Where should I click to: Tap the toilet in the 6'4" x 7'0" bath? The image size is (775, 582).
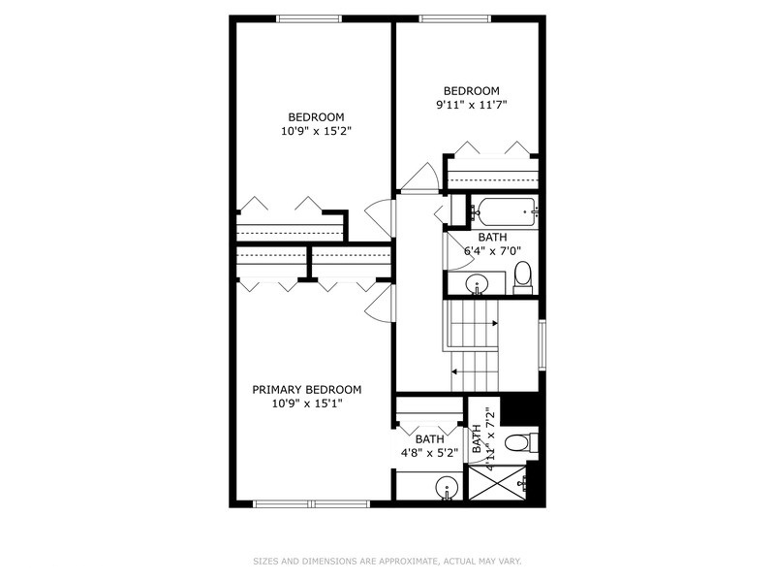[523, 275]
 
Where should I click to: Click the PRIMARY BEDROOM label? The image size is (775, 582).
[307, 389]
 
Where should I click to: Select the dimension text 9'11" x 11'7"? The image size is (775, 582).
[472, 104]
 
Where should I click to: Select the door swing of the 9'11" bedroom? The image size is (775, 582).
[418, 177]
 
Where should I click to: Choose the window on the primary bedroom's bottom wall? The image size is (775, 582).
[313, 503]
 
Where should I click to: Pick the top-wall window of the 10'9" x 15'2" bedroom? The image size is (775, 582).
[308, 18]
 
